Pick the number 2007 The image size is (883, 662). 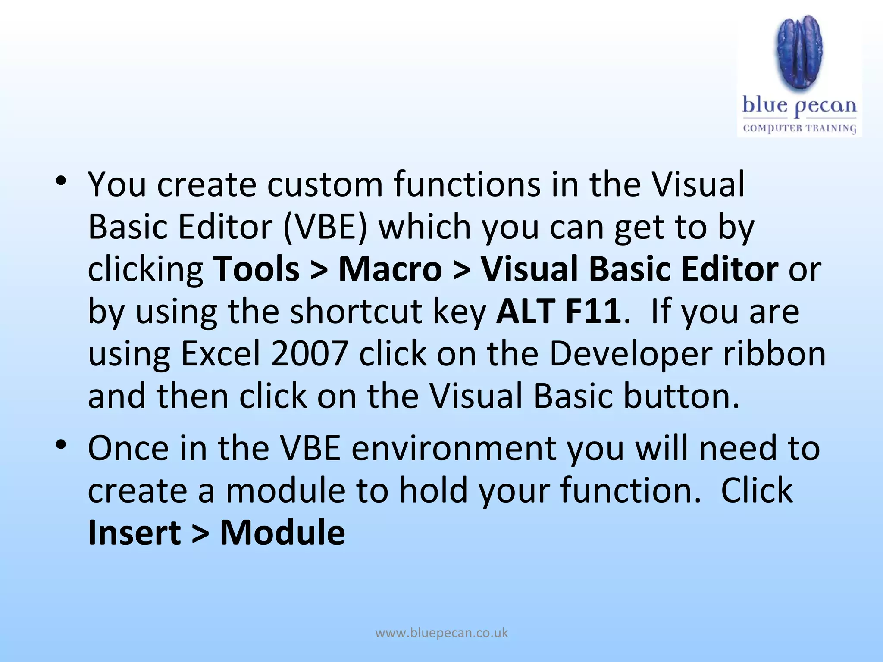point(309,354)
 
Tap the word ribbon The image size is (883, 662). point(774,354)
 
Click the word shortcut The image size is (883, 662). point(356,311)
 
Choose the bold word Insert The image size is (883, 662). point(134,533)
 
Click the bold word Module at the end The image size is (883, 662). point(282,533)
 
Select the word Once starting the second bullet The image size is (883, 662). point(128,449)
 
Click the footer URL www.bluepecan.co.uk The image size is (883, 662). point(441,633)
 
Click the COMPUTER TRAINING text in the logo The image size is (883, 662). point(799,128)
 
